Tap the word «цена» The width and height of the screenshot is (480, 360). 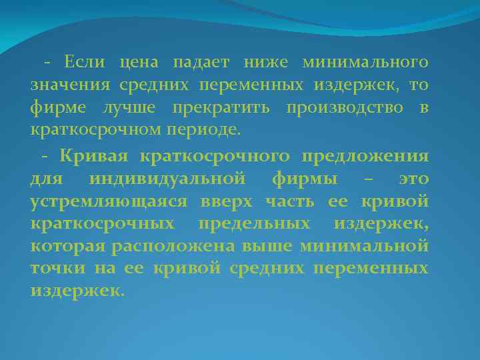(139, 63)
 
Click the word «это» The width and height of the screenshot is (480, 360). (413, 179)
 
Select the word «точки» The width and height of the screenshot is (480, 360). (54, 268)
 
